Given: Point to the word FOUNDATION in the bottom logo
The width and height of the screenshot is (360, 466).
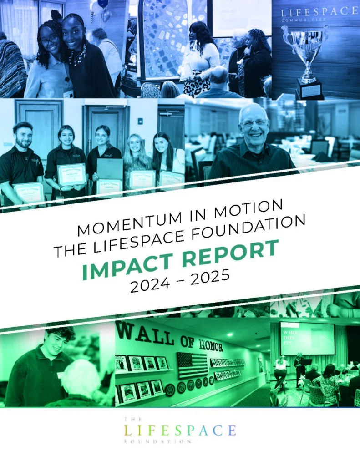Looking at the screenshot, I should click(x=157, y=441).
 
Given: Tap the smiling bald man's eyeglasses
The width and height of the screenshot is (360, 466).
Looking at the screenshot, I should click(x=254, y=123).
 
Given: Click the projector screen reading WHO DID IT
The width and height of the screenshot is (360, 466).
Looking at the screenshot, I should click(x=307, y=339).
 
